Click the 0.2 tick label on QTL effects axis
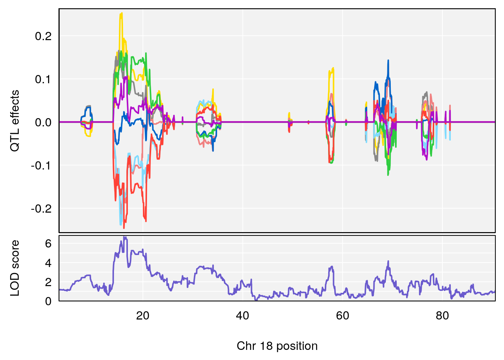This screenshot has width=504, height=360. coord(43,36)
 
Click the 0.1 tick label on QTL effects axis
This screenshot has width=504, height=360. coord(43,79)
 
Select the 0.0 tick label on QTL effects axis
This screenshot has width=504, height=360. coord(43,122)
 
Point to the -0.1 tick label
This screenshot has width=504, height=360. coord(41,165)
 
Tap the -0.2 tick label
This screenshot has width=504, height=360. coord(41,208)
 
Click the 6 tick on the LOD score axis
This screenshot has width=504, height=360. coord(48,244)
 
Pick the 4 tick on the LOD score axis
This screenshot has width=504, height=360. coord(48,263)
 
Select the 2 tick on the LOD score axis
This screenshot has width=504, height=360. coord(48,282)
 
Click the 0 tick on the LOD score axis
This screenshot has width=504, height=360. coord(48,301)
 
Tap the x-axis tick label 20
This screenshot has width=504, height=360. coord(142,316)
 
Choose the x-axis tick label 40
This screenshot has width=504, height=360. coord(243,316)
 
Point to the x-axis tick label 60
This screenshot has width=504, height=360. coord(342,316)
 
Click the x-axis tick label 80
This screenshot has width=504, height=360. coord(442,316)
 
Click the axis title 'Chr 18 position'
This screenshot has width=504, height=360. coord(277,346)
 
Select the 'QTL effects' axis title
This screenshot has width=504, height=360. coord(15,121)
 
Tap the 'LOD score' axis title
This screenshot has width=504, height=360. coord(15,268)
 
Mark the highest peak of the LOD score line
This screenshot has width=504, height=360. coord(124,237)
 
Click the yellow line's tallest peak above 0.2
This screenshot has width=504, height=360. coord(121,13)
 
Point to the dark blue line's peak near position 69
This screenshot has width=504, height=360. coord(388,60)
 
